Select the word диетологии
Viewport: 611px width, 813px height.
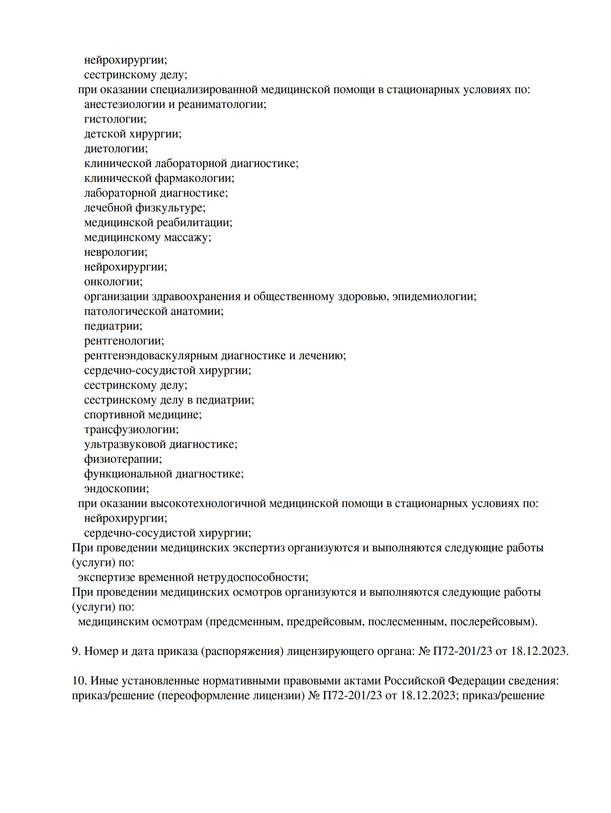116,149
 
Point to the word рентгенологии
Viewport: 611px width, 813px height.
124,341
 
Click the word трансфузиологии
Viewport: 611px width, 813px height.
131,430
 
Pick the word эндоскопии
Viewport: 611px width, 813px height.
117,489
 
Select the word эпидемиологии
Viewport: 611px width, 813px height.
434,297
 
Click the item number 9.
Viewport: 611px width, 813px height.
75,651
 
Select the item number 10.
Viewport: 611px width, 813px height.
79,681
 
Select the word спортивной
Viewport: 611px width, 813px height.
114,415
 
